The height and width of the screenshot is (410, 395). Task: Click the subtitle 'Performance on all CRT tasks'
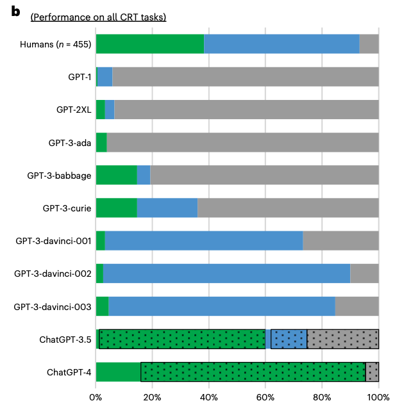[98, 17]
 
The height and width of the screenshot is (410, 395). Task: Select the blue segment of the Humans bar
[282, 44]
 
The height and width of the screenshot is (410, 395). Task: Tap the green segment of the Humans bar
[149, 44]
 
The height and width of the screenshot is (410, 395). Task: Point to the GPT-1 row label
[80, 77]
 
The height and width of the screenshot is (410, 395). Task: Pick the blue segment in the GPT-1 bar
[105, 77]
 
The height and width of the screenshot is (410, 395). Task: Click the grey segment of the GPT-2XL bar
[246, 110]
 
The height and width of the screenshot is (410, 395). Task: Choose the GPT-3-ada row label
[70, 142]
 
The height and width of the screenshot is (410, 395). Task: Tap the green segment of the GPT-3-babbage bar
[116, 175]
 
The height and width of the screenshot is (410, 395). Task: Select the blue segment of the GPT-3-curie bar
[167, 208]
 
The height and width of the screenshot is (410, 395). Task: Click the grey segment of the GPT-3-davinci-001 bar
[340, 241]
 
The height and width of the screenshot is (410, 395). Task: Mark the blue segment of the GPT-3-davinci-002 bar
[226, 274]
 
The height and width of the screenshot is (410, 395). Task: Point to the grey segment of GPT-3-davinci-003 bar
[357, 306]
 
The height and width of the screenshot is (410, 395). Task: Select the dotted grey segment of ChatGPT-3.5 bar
[342, 339]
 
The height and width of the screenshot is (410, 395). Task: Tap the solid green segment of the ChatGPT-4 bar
[118, 372]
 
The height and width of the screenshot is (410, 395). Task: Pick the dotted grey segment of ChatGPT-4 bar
[372, 372]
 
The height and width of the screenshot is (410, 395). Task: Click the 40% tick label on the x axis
[209, 397]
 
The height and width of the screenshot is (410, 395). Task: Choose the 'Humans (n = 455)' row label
[56, 44]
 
